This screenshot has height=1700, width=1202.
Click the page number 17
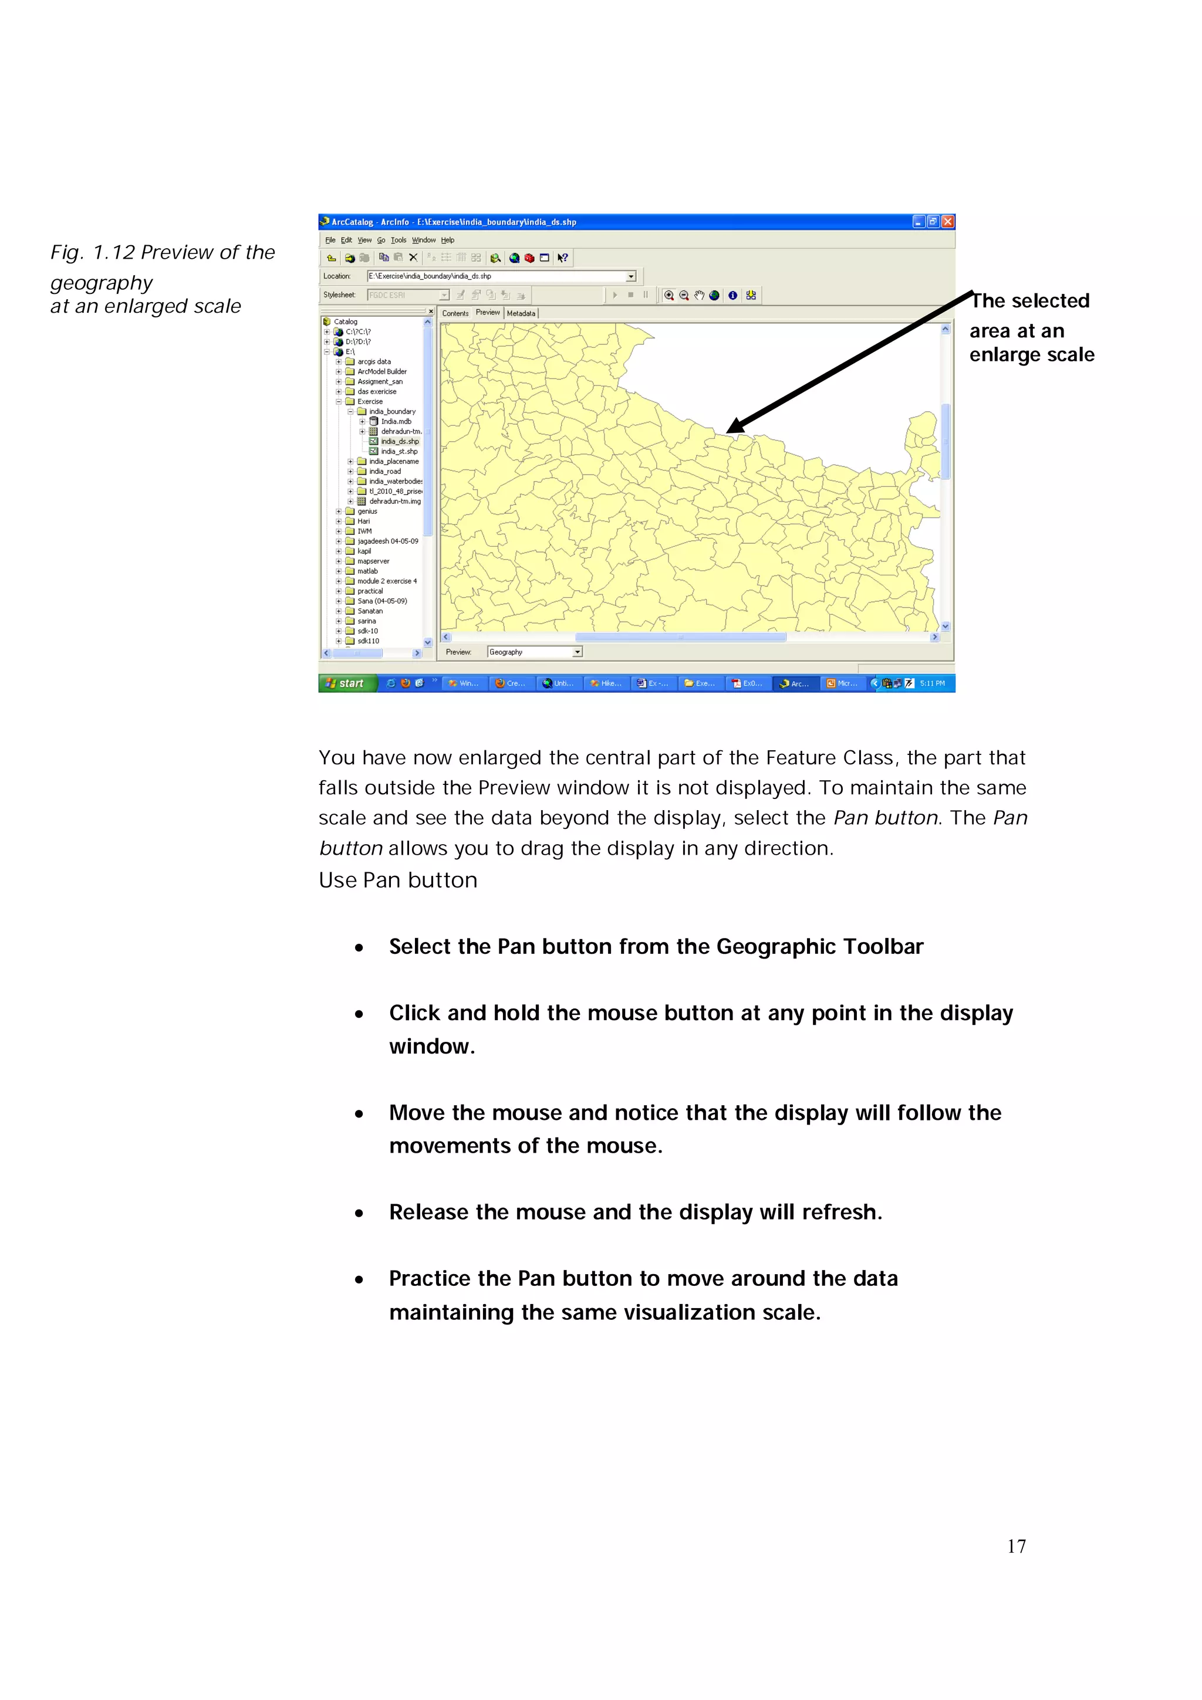pos(1016,1546)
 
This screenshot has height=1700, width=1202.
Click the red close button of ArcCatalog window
pos(947,221)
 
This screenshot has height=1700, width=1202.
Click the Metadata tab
pos(521,313)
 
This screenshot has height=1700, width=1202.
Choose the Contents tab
pos(455,313)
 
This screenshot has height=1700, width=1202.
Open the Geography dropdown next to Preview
pos(578,652)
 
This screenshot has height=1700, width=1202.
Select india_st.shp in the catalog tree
pos(399,451)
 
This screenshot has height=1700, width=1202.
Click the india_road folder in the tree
pos(384,471)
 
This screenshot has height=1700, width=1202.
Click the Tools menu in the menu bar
pos(399,240)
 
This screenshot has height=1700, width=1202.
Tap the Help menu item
pos(447,240)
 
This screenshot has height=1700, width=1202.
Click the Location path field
pos(496,276)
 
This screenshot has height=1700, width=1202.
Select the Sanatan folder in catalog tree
pos(370,611)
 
